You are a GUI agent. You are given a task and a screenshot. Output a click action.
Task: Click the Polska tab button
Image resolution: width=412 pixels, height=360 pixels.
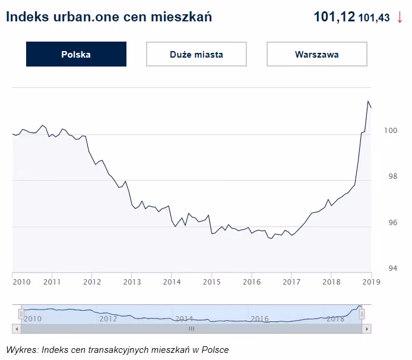pos(76,54)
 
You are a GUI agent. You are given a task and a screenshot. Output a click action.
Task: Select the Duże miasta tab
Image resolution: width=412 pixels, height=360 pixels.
pos(196,54)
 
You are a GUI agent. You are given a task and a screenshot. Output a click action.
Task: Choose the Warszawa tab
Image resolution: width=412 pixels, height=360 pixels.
pos(316,54)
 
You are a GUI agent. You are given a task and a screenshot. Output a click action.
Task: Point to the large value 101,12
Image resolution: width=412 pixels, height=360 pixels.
pos(334,17)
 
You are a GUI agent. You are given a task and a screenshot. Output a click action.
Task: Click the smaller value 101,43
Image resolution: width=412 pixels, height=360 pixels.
pos(374,18)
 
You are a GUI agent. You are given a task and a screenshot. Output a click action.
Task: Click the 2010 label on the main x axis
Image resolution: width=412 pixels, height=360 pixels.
pos(21,282)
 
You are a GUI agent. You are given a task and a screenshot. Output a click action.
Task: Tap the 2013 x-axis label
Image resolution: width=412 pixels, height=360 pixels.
pos(132,282)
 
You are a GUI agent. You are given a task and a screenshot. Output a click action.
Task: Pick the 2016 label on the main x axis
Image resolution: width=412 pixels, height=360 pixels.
pos(252,282)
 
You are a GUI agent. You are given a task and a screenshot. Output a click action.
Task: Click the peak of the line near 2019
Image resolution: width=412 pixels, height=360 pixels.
pos(368,102)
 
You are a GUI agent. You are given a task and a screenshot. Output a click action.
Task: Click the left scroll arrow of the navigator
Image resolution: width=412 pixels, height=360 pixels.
pos(17,328)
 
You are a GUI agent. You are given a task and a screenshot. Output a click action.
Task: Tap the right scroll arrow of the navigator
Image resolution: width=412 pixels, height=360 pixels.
pos(367,328)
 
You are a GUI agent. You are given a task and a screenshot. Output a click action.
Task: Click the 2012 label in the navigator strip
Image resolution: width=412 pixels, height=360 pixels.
pos(108,318)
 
